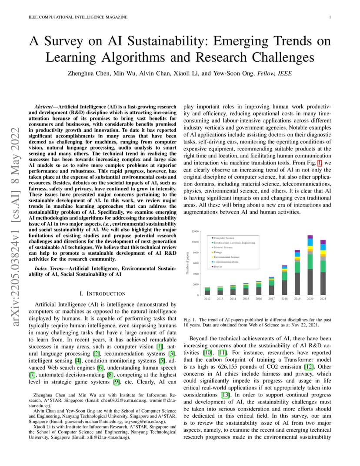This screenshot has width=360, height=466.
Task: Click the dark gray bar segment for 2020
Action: point(310,282)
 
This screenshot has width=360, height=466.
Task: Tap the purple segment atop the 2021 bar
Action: point(323,242)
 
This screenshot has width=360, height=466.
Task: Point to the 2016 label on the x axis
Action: point(259,299)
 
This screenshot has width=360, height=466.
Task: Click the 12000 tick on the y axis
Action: point(196,231)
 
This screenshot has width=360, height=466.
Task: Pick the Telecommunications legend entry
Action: point(226,262)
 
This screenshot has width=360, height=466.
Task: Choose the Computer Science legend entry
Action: point(224,238)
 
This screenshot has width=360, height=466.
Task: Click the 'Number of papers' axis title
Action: point(187,263)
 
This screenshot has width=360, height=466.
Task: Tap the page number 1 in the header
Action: point(330,17)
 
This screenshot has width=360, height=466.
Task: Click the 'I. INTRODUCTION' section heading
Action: point(103,294)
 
